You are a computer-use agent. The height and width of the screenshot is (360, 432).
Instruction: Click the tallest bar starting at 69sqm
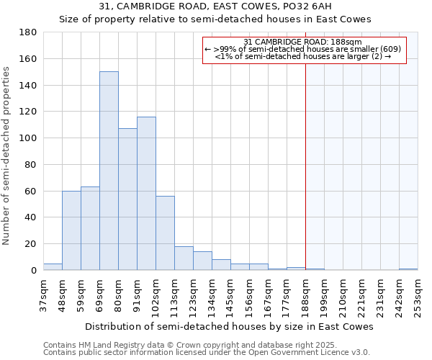coord(109,171)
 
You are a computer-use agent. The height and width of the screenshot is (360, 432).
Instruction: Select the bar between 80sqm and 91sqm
coord(127,199)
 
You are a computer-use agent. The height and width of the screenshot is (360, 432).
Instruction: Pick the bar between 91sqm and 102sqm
coord(146,193)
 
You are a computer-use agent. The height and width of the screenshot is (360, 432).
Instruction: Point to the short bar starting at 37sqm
coord(53,266)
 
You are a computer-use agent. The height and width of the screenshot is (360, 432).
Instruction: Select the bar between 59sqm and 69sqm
coord(90,228)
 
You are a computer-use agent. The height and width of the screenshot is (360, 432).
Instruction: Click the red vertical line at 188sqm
coord(305,166)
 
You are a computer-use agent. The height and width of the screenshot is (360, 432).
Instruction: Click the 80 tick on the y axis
coord(31,165)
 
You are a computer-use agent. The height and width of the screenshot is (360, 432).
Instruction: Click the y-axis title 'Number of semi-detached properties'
coord(7,155)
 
